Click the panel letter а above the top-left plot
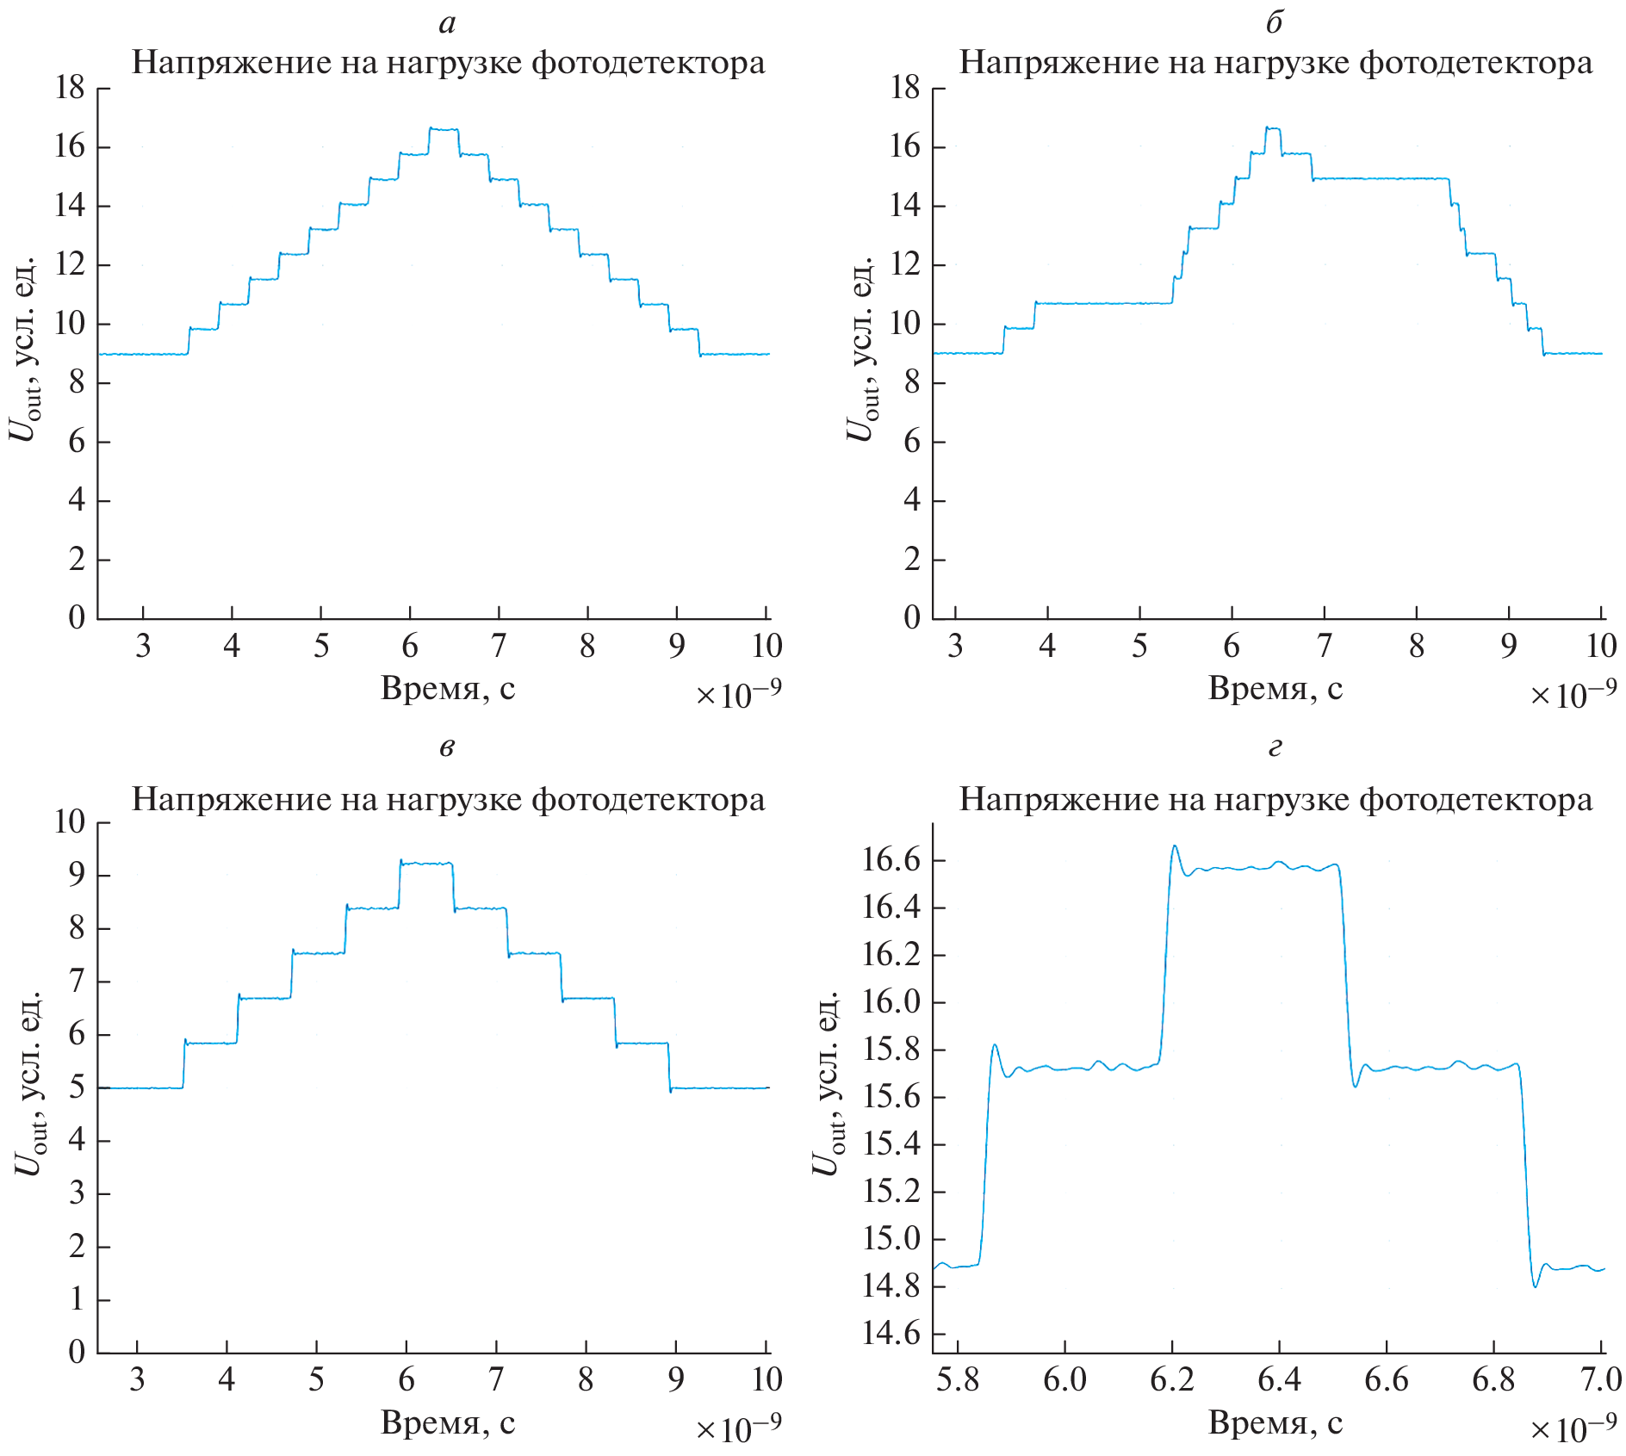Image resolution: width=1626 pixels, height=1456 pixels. [447, 24]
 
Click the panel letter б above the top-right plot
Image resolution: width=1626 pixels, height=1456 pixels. [1275, 22]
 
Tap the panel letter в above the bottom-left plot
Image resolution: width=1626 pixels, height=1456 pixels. [447, 747]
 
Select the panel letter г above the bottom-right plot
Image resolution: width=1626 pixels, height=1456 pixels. [1275, 747]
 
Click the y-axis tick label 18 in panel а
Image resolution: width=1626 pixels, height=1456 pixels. [70, 88]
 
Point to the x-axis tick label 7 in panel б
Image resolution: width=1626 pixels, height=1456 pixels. [1325, 646]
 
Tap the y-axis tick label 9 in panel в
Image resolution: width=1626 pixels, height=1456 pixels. [77, 876]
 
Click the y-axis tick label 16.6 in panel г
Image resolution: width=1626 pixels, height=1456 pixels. [891, 860]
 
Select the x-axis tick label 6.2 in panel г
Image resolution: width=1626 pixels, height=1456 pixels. [1172, 1379]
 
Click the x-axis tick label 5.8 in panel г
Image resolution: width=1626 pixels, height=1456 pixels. [958, 1379]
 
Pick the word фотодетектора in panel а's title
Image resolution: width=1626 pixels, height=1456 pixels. [648, 63]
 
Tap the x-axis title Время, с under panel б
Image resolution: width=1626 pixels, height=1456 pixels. [1275, 689]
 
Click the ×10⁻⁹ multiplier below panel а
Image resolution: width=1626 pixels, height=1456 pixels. [738, 694]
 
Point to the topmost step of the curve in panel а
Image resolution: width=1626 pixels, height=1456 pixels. [444, 129]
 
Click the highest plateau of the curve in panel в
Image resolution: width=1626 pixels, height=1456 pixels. [426, 863]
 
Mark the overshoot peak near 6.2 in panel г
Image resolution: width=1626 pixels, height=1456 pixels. [1175, 846]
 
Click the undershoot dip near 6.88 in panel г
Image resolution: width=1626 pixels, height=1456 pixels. [1536, 1286]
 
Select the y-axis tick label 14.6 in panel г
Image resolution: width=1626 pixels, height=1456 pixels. [891, 1334]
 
